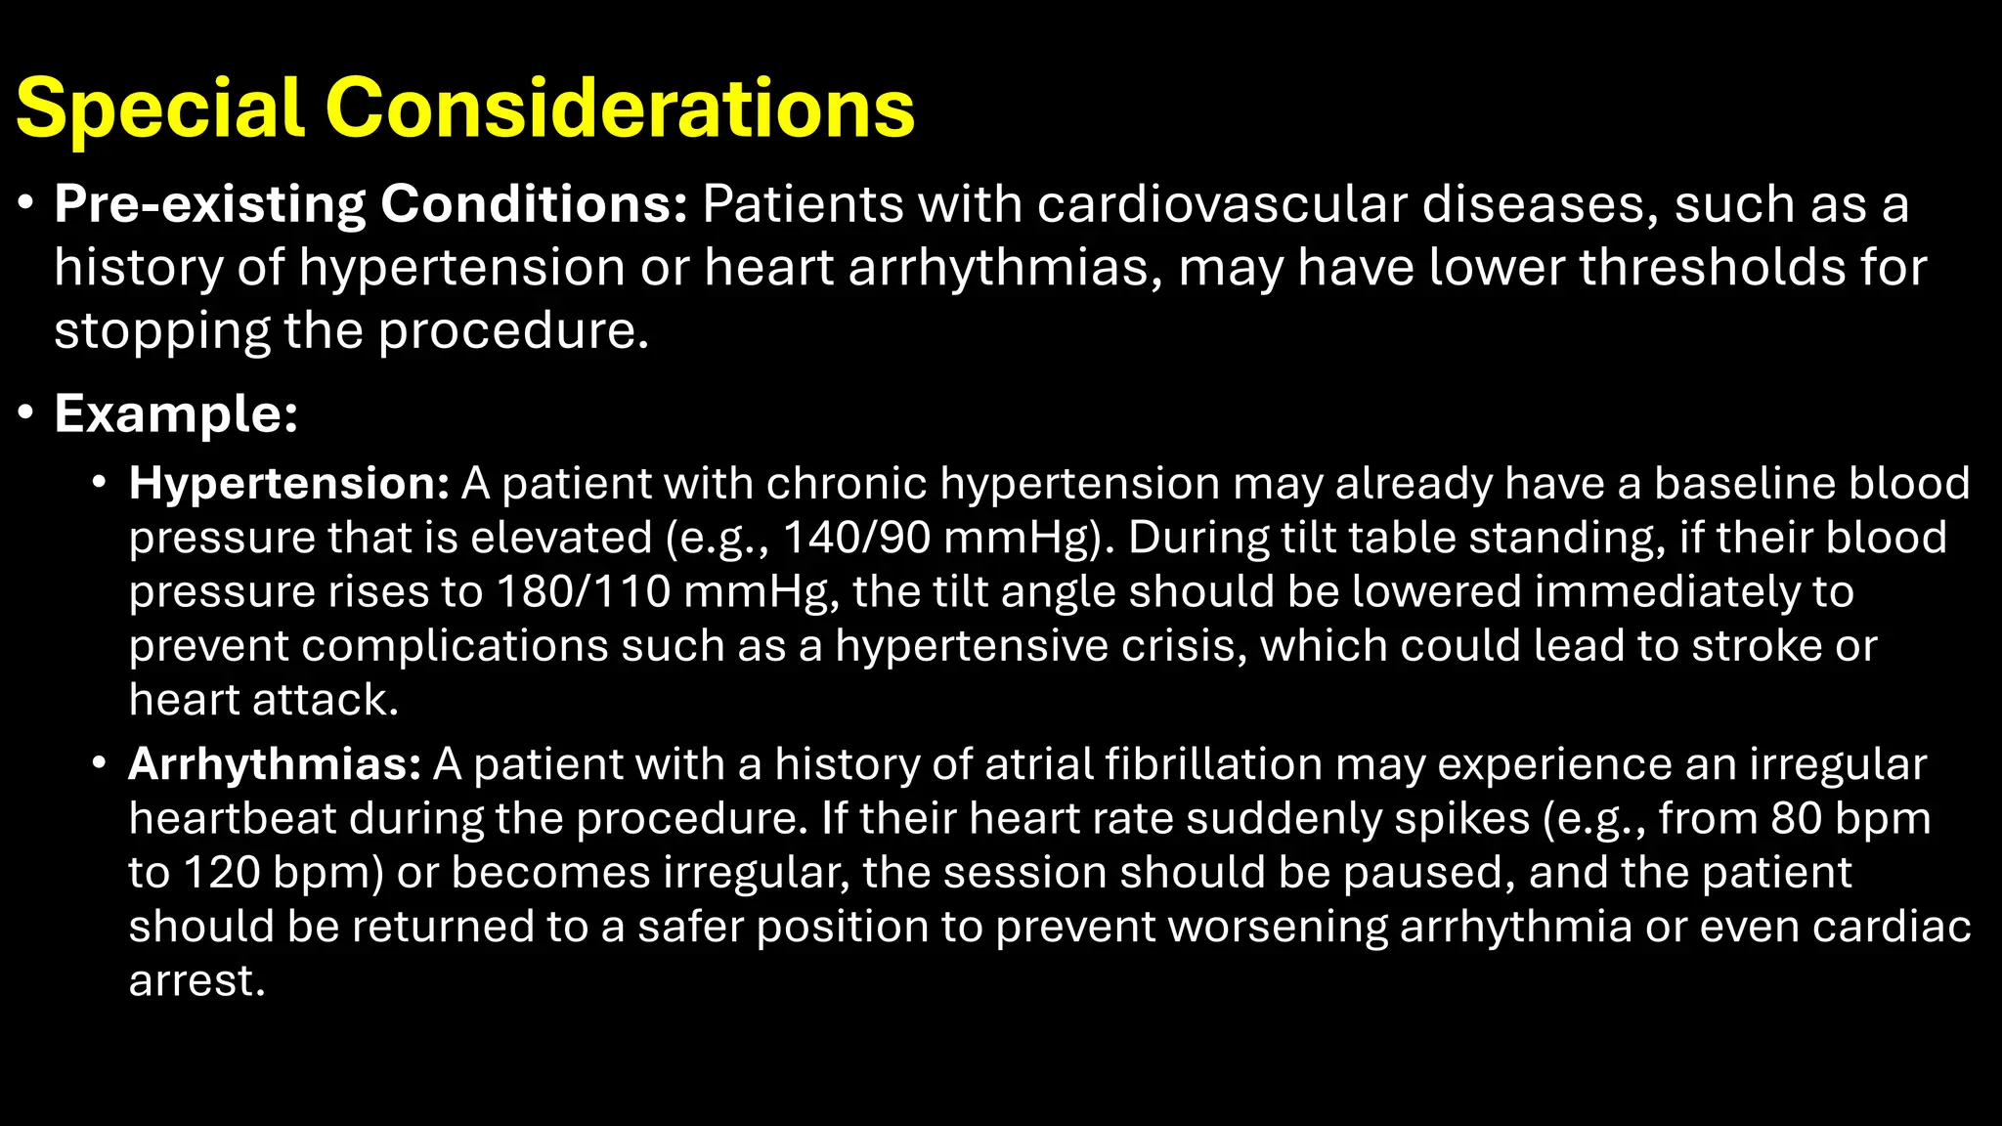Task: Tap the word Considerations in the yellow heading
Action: tap(620, 108)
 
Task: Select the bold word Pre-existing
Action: tap(210, 204)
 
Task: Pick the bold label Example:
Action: tap(176, 413)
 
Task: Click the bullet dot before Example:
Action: tap(26, 413)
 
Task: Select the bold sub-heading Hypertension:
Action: tap(288, 483)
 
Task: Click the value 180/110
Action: tap(583, 591)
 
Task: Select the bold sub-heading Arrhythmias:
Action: tap(275, 764)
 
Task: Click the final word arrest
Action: tap(196, 980)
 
